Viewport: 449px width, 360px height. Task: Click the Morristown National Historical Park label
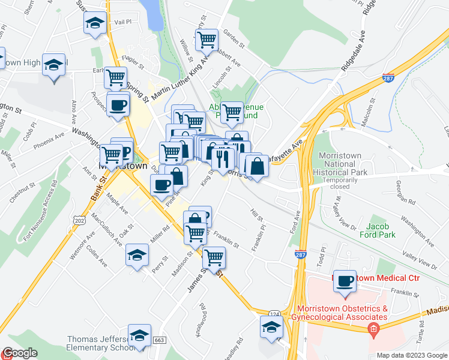pyautogui.click(x=340, y=164)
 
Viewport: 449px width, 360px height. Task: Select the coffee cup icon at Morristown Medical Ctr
pyautogui.click(x=345, y=281)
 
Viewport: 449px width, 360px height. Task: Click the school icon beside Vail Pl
pyautogui.click(x=94, y=24)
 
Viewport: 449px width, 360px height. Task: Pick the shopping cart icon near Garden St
pyautogui.click(x=206, y=40)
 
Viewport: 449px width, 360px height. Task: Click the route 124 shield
pyautogui.click(x=274, y=314)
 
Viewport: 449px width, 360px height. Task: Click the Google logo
pyautogui.click(x=20, y=353)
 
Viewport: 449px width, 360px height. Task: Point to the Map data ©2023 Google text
pyautogui.click(x=411, y=355)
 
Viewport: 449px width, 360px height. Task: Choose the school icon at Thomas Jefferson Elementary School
pyautogui.click(x=139, y=336)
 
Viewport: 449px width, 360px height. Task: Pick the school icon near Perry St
pyautogui.click(x=137, y=255)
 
